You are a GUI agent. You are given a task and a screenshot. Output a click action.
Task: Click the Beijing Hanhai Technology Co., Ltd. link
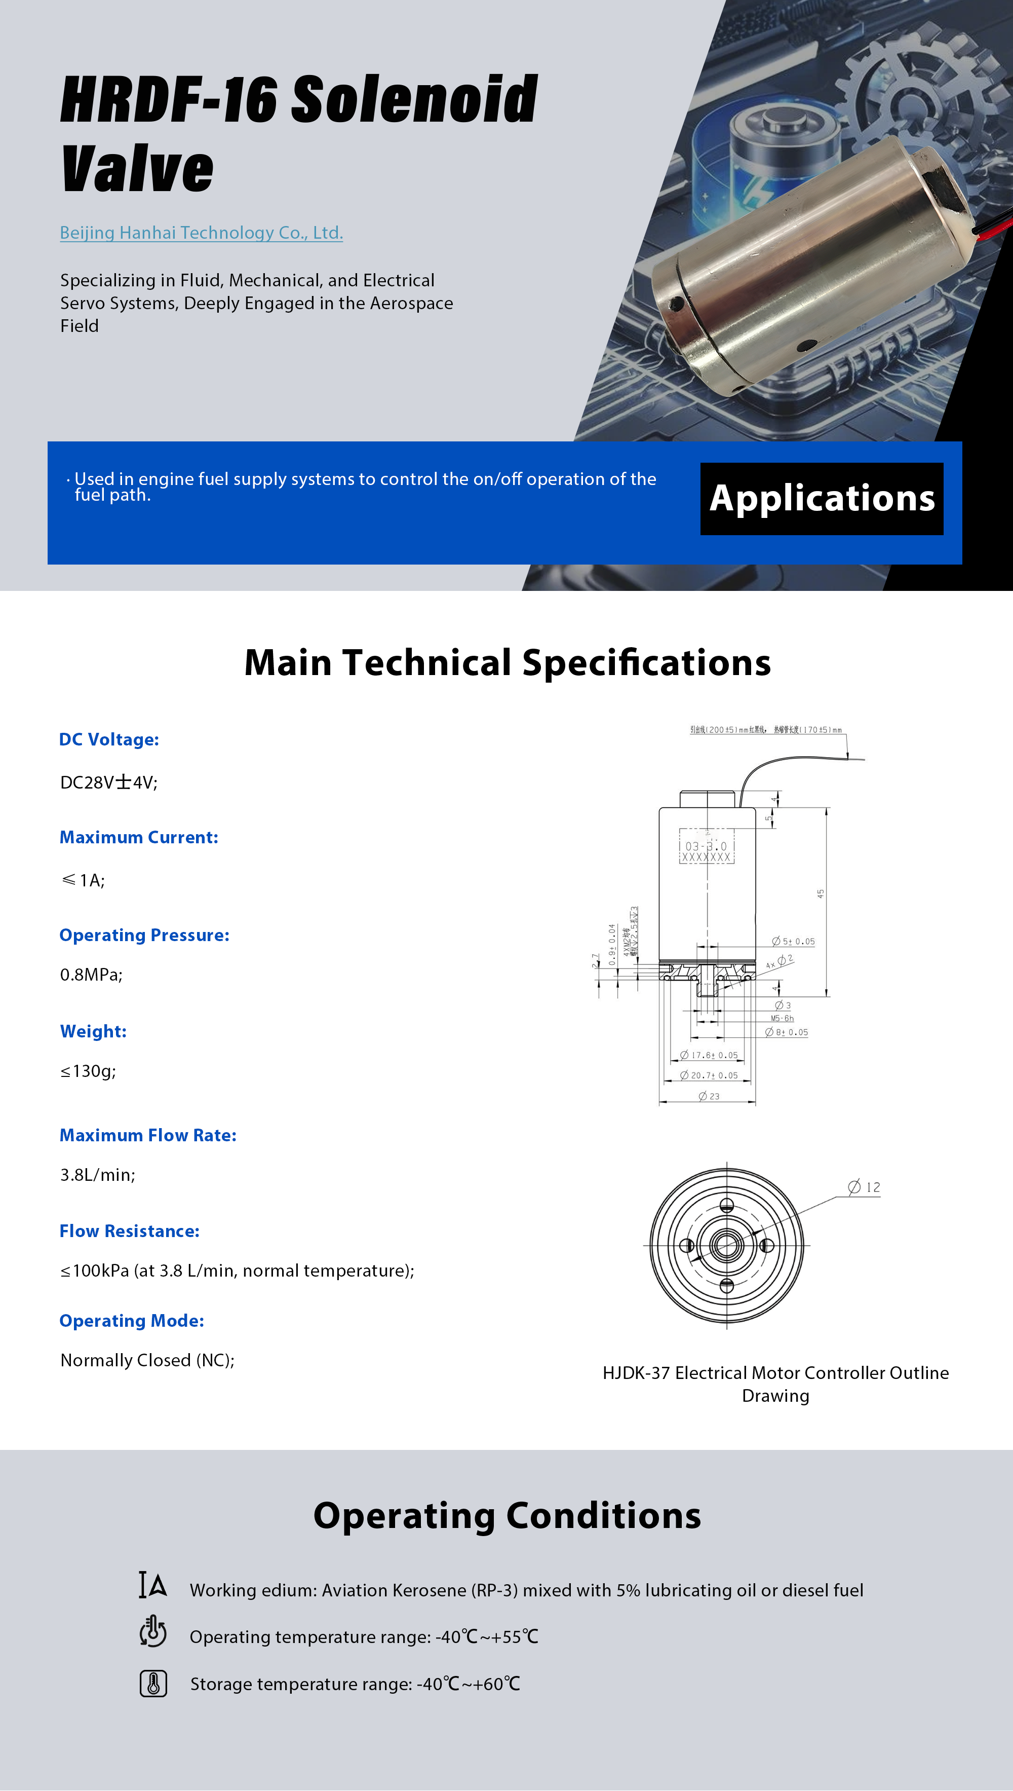pyautogui.click(x=201, y=233)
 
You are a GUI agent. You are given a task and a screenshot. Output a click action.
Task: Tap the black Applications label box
pyautogui.click(x=821, y=498)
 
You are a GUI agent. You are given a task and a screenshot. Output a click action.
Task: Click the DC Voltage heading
pyautogui.click(x=109, y=739)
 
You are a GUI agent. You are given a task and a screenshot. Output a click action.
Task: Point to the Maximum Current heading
pyautogui.click(x=138, y=837)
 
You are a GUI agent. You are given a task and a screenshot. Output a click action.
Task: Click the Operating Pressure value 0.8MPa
pyautogui.click(x=91, y=975)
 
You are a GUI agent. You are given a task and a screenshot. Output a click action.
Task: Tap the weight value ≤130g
pyautogui.click(x=88, y=1070)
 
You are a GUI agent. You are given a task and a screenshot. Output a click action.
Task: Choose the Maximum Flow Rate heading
pyautogui.click(x=147, y=1135)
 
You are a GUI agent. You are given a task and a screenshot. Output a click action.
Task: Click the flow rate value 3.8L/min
pyautogui.click(x=97, y=1175)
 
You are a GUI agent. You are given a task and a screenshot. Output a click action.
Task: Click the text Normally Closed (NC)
pyautogui.click(x=147, y=1360)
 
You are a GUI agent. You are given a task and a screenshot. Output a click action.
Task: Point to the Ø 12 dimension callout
pyautogui.click(x=864, y=1187)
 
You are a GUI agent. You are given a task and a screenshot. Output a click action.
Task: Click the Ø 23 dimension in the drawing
pyautogui.click(x=709, y=1096)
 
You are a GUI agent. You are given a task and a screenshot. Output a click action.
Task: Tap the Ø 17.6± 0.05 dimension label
pyautogui.click(x=709, y=1055)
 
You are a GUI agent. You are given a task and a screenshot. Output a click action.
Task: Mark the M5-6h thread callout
pyautogui.click(x=782, y=1018)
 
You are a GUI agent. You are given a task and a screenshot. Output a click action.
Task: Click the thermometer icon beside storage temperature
pyautogui.click(x=153, y=1684)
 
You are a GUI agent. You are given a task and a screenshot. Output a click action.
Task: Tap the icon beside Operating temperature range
pyautogui.click(x=153, y=1632)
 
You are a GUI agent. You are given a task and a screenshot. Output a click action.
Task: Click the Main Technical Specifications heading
pyautogui.click(x=507, y=663)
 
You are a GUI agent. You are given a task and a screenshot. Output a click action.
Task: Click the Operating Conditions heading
pyautogui.click(x=507, y=1515)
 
